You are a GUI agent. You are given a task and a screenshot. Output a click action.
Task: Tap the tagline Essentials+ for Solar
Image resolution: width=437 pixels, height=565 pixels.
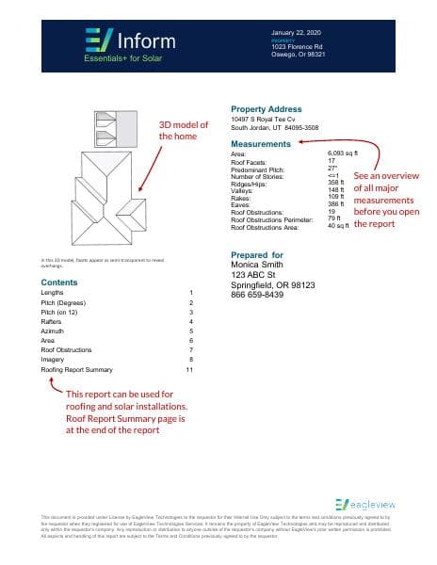pos(117,59)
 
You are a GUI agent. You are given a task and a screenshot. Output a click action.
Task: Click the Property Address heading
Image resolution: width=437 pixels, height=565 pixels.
pos(266,109)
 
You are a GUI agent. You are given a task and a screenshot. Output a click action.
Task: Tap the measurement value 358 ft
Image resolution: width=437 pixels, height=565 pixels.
pos(337,182)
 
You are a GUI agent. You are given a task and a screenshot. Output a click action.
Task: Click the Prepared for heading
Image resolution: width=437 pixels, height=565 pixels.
pos(256,255)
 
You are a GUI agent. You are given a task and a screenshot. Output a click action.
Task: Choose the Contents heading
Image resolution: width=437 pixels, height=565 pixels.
pos(59,282)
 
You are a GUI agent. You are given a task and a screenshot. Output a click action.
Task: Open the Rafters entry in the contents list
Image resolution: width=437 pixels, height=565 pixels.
pos(53,321)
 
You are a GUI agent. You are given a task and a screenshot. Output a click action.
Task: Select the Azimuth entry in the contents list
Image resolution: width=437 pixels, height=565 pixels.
pos(54,331)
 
